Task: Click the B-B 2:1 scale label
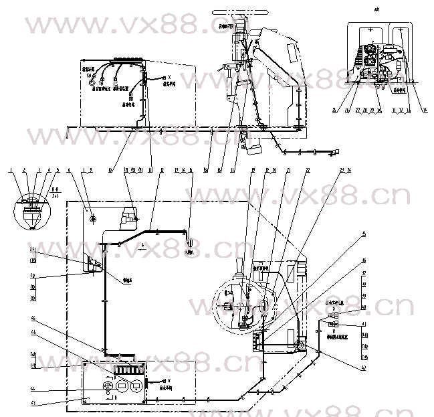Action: coord(58,192)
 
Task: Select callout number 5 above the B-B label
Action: coord(58,171)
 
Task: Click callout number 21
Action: coord(288,171)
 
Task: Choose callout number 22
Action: coord(308,171)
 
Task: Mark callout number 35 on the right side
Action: coord(364,233)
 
